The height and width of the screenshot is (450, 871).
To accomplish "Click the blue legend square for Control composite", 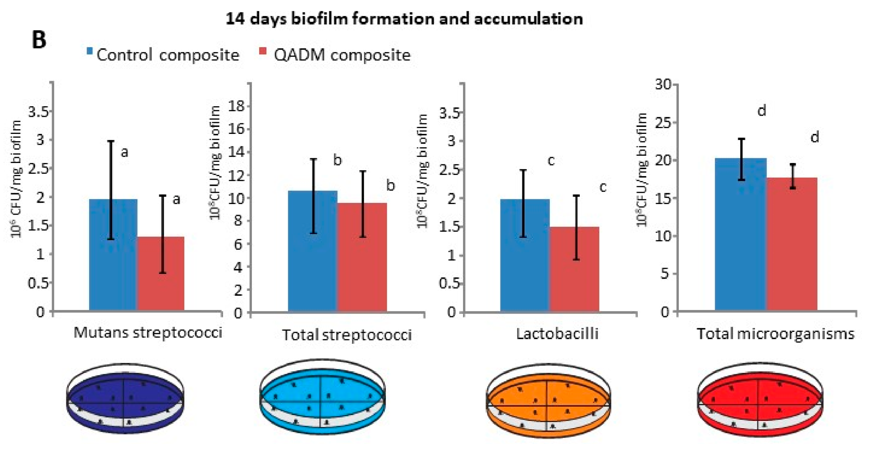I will (90, 51).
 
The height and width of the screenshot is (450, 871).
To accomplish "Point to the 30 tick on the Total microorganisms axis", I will (663, 84).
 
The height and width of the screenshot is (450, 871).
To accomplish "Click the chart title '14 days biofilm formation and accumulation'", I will (404, 19).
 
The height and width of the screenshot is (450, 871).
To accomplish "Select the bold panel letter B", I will (39, 40).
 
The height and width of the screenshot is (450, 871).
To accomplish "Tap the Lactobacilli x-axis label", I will (557, 334).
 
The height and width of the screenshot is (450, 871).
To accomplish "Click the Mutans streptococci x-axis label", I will (148, 332).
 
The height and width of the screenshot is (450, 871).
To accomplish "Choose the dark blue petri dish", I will (125, 398).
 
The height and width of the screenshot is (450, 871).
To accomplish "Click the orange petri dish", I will (548, 400).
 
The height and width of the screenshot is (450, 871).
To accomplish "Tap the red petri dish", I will (759, 400).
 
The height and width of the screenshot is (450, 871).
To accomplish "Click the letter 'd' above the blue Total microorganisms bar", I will (761, 110).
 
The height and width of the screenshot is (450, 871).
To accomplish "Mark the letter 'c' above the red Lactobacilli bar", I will (603, 187).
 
